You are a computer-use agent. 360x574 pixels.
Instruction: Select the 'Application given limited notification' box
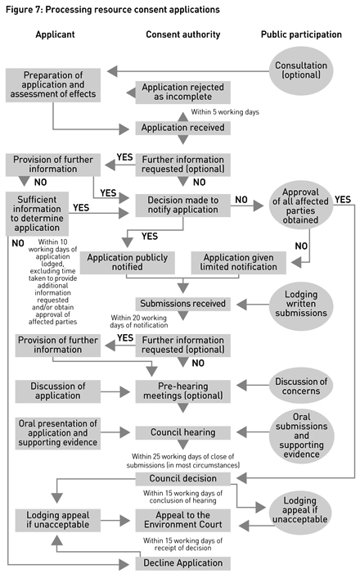237,261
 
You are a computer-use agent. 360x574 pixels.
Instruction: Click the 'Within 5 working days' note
225,111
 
